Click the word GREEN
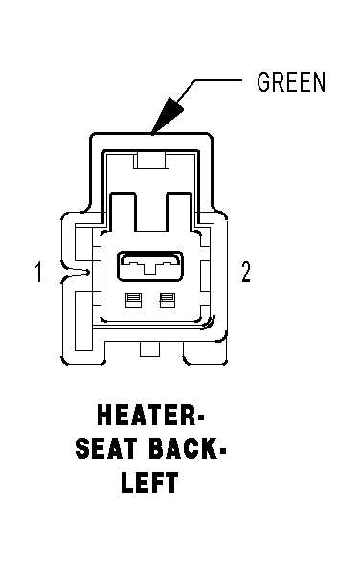click(291, 81)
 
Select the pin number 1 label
click(38, 272)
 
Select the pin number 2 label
click(246, 272)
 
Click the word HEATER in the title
click(146, 415)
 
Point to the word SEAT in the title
click(106, 448)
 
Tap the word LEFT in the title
click(150, 482)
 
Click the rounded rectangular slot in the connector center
click(149, 266)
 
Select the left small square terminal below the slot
click(133, 301)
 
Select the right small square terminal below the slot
click(168, 301)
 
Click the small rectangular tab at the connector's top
click(151, 160)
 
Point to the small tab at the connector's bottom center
click(150, 350)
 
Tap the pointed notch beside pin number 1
click(76, 273)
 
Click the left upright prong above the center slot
click(124, 212)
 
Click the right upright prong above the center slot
click(179, 212)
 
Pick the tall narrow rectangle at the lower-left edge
click(83, 322)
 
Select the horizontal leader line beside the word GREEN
click(218, 80)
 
